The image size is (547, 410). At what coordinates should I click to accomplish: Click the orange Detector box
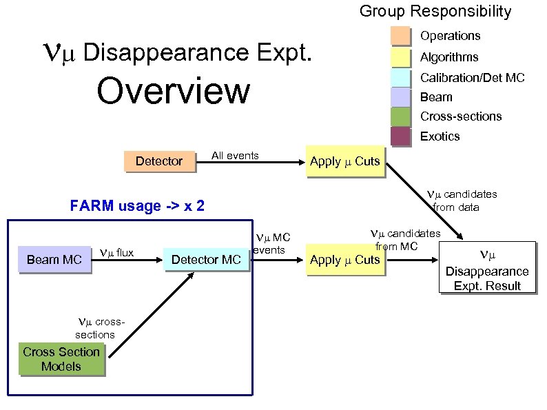click(x=159, y=161)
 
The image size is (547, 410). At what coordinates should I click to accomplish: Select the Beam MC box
click(x=54, y=259)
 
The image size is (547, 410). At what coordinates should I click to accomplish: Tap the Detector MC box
click(x=206, y=259)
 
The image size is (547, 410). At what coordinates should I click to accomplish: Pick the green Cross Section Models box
click(x=61, y=359)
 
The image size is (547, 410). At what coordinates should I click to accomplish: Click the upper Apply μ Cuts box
click(x=344, y=161)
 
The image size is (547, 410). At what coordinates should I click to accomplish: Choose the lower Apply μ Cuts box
click(x=344, y=259)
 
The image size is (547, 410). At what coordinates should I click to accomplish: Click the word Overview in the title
click(x=174, y=91)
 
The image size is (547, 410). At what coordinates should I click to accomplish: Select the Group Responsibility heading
click(x=435, y=11)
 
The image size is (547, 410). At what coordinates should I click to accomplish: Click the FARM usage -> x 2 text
click(x=137, y=205)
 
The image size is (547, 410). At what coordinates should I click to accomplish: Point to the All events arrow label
click(x=235, y=155)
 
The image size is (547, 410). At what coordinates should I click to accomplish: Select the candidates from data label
click(x=462, y=201)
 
